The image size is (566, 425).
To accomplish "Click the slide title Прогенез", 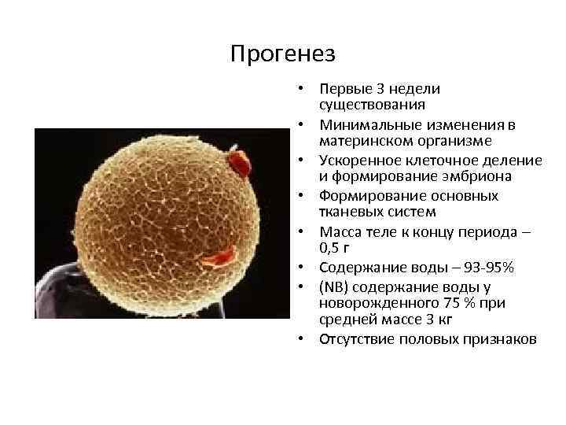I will tap(283, 54).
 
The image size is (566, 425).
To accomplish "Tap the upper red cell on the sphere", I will tap(237, 164).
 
